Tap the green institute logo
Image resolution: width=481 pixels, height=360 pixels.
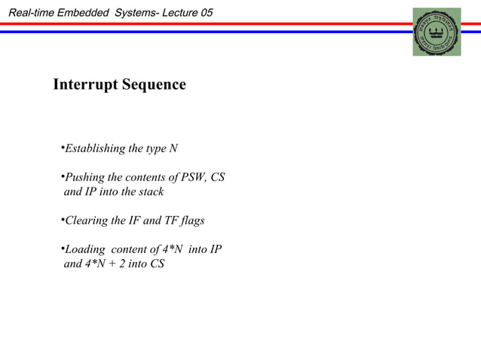click(437, 32)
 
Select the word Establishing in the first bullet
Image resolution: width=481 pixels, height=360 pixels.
click(95, 148)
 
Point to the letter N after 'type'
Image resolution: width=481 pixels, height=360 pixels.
click(173, 148)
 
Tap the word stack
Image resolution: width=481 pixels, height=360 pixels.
click(149, 192)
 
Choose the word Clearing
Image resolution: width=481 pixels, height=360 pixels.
click(87, 221)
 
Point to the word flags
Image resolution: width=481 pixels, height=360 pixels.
click(191, 221)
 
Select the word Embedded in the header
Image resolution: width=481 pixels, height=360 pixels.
click(84, 13)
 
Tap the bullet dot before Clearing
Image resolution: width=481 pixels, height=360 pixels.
click(62, 220)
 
